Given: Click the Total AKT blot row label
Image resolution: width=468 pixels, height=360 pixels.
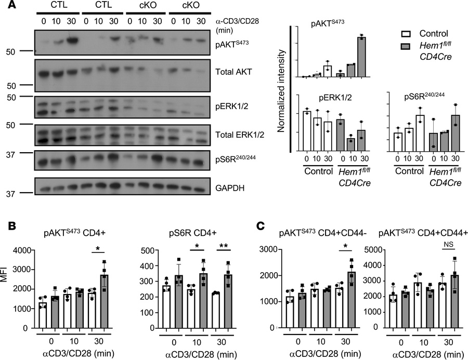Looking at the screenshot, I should pyautogui.click(x=233, y=72).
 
